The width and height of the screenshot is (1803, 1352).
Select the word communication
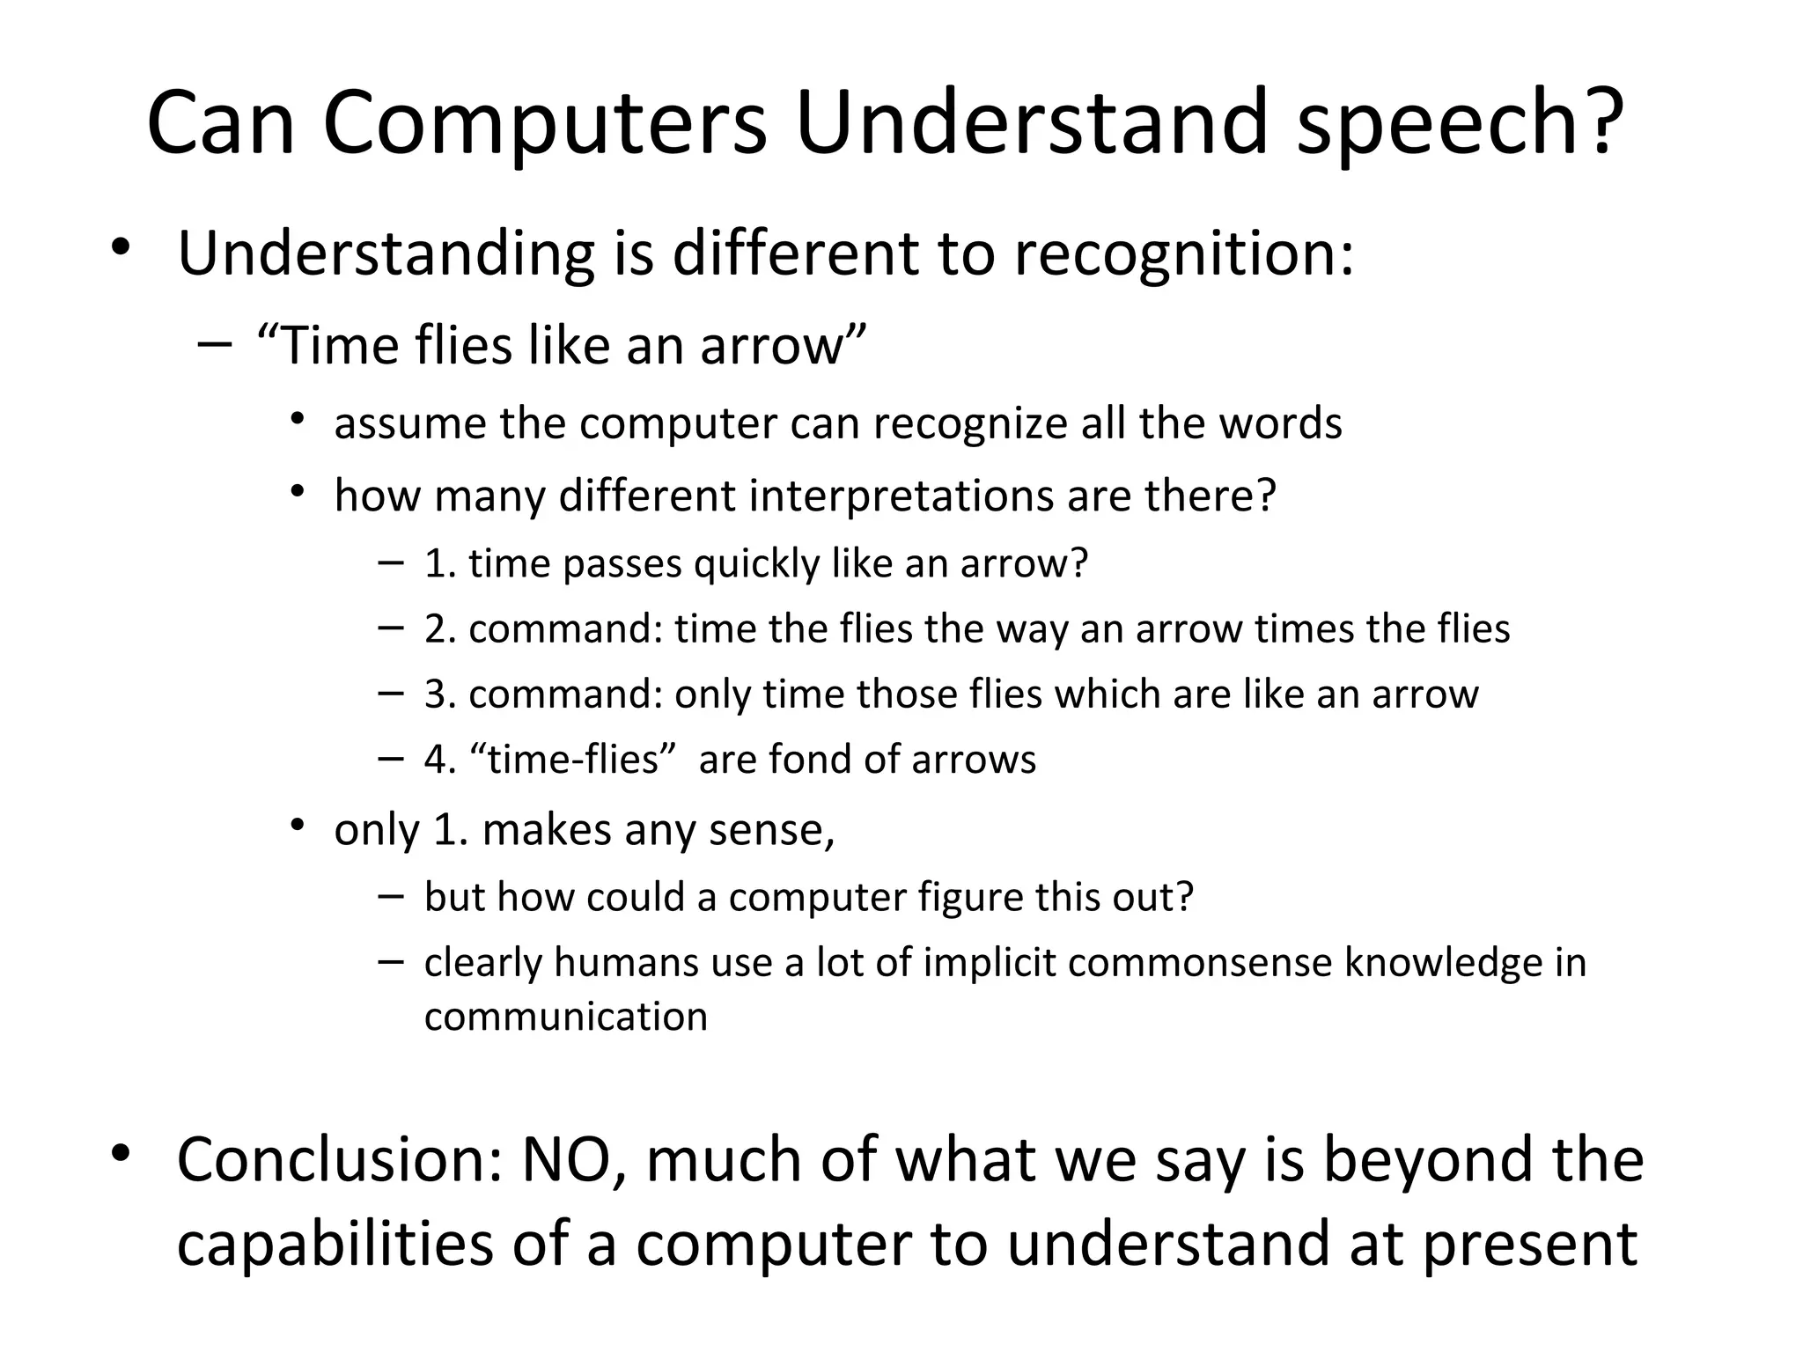(x=565, y=1018)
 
